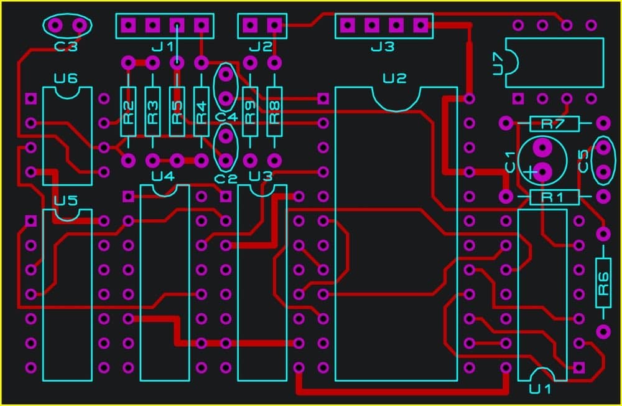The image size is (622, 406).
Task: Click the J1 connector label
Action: (x=162, y=47)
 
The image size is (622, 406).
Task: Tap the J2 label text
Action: (x=260, y=47)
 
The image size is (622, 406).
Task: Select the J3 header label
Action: (x=382, y=47)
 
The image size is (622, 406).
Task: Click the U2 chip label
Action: (x=394, y=78)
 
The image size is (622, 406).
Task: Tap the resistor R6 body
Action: (x=603, y=282)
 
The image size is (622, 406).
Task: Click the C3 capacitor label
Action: (x=66, y=46)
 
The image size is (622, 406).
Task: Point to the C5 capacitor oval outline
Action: (x=603, y=161)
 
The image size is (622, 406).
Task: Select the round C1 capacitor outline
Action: (x=542, y=160)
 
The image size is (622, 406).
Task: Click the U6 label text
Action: (x=66, y=79)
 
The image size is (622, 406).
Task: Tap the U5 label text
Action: (x=66, y=201)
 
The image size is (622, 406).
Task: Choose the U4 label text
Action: (x=164, y=176)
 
